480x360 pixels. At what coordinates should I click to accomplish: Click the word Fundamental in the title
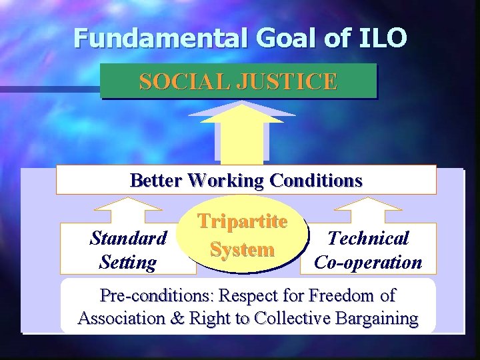159,38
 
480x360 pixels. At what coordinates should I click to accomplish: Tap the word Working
226,181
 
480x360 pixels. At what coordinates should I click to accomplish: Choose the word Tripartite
242,221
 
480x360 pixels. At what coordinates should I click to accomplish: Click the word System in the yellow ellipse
242,250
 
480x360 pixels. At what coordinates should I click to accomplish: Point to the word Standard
128,238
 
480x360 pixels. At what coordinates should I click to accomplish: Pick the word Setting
127,263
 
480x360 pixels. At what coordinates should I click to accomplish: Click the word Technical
368,238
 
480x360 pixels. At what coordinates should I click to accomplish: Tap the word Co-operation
368,263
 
